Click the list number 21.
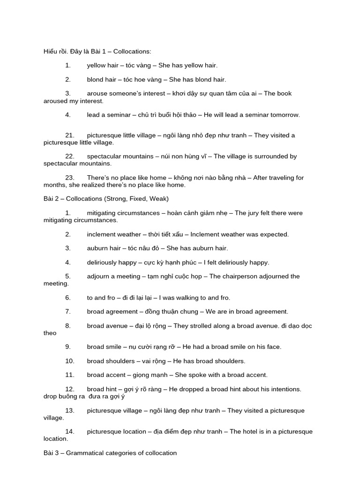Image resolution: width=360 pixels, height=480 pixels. tap(70, 135)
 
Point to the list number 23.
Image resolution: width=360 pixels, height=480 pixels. tap(70, 178)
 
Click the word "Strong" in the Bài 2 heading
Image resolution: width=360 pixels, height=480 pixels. tap(117, 199)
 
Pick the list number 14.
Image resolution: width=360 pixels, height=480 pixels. tap(70, 431)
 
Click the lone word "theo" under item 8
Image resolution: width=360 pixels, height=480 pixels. tap(50, 333)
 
